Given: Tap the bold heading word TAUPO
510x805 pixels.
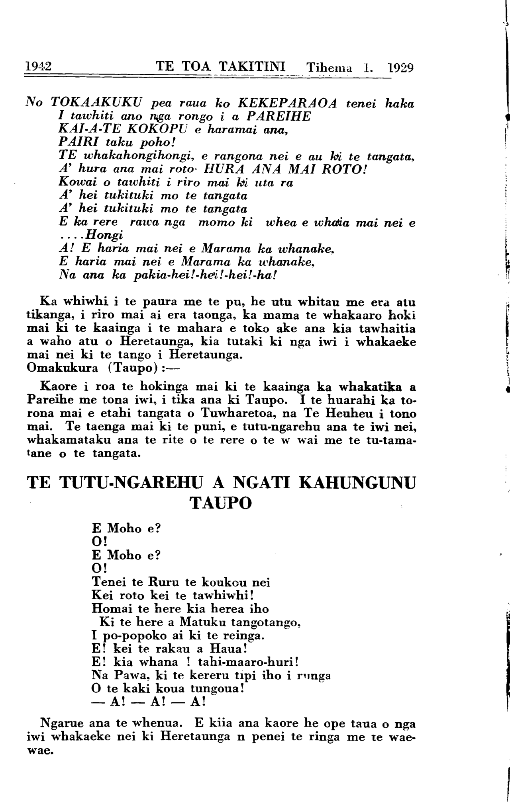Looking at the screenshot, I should click(222, 503).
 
